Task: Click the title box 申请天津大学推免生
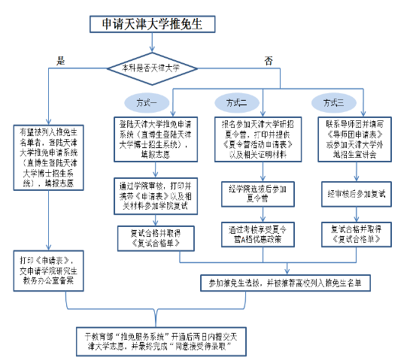(x=153, y=24)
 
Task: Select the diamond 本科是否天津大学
(x=153, y=68)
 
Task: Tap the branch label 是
(x=62, y=60)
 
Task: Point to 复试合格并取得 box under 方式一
(x=156, y=237)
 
